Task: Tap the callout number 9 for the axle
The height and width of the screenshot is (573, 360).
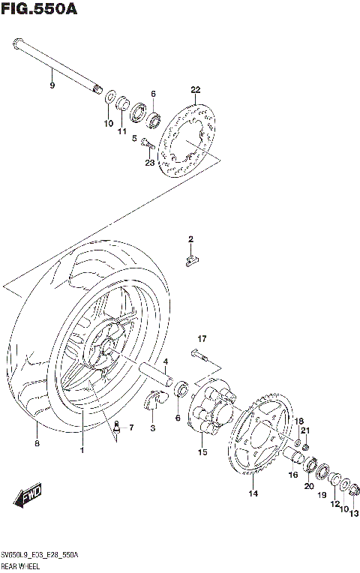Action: pyautogui.click(x=52, y=86)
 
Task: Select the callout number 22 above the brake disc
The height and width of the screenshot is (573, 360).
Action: pyautogui.click(x=196, y=90)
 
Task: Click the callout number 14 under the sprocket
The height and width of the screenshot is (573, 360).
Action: pyautogui.click(x=253, y=493)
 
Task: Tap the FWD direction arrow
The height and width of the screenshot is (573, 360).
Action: pyautogui.click(x=30, y=496)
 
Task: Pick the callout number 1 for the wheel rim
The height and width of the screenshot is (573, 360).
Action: pyautogui.click(x=82, y=450)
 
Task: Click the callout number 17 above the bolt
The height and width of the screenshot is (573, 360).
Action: pyautogui.click(x=202, y=338)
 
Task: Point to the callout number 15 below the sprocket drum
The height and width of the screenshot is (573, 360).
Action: pyautogui.click(x=202, y=452)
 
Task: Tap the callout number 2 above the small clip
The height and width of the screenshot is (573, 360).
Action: pyautogui.click(x=190, y=239)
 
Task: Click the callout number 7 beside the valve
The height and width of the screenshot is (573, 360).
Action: pyautogui.click(x=130, y=428)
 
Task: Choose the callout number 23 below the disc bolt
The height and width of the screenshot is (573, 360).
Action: pyautogui.click(x=149, y=163)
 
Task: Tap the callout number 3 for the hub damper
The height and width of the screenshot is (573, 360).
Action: pyautogui.click(x=152, y=427)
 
